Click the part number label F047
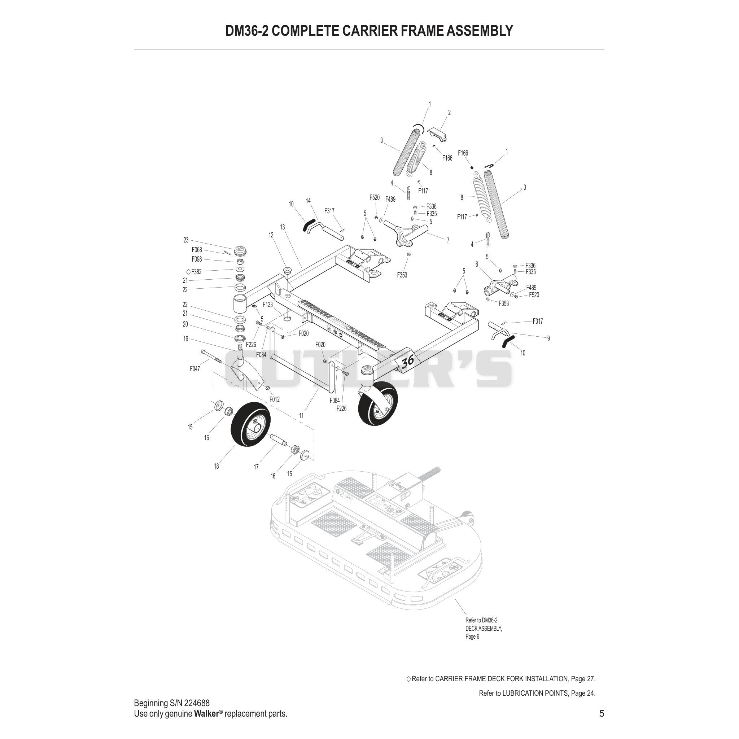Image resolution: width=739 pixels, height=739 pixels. pyautogui.click(x=195, y=369)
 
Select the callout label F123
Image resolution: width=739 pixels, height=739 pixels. pyautogui.click(x=268, y=305)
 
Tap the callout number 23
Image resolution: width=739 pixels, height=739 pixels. pyautogui.click(x=186, y=240)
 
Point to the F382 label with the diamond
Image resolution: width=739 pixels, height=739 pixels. pyautogui.click(x=194, y=272)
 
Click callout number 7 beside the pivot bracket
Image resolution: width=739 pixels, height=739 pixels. pyautogui.click(x=448, y=241)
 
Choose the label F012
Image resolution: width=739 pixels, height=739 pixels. pyautogui.click(x=275, y=400)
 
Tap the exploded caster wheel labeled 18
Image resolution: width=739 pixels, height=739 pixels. pyautogui.click(x=250, y=423)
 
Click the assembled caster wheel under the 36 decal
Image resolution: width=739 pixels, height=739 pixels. pyautogui.click(x=378, y=403)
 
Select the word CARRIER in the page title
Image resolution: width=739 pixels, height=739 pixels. pyautogui.click(x=370, y=31)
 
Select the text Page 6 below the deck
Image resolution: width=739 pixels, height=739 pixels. pyautogui.click(x=472, y=637)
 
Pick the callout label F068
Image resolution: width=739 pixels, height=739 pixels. pyautogui.click(x=197, y=250)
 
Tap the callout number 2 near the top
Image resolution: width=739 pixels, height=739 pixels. pyautogui.click(x=450, y=113)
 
